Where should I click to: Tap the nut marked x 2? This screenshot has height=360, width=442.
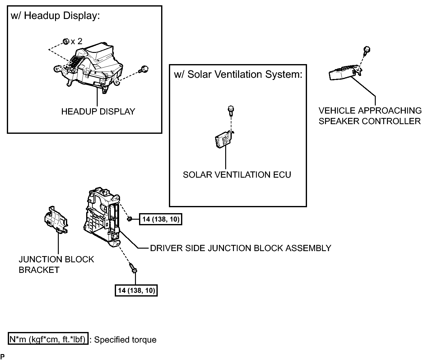[66, 41]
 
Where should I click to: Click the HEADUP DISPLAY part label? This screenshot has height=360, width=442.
[98, 112]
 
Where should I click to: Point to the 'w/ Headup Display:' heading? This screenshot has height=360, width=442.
[55, 16]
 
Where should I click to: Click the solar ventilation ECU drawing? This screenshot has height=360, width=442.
[225, 139]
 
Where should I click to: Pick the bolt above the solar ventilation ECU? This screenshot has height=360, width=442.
[231, 111]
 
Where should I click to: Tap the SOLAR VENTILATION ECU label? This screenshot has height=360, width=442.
[237, 175]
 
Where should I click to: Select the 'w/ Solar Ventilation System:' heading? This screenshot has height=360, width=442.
[238, 74]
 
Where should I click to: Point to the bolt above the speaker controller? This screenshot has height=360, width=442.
[366, 51]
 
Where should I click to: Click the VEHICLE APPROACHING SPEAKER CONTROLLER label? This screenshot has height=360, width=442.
[370, 116]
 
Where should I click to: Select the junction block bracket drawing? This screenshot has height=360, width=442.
[56, 220]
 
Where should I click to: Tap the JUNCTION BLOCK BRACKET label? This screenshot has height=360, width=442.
[56, 264]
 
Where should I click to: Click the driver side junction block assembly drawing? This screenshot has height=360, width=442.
[102, 217]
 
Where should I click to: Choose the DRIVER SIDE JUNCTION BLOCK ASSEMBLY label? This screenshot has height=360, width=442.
[240, 248]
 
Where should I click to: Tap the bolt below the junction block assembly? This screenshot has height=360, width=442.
[133, 268]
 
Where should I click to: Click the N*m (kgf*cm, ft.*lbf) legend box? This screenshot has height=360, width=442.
[48, 339]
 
